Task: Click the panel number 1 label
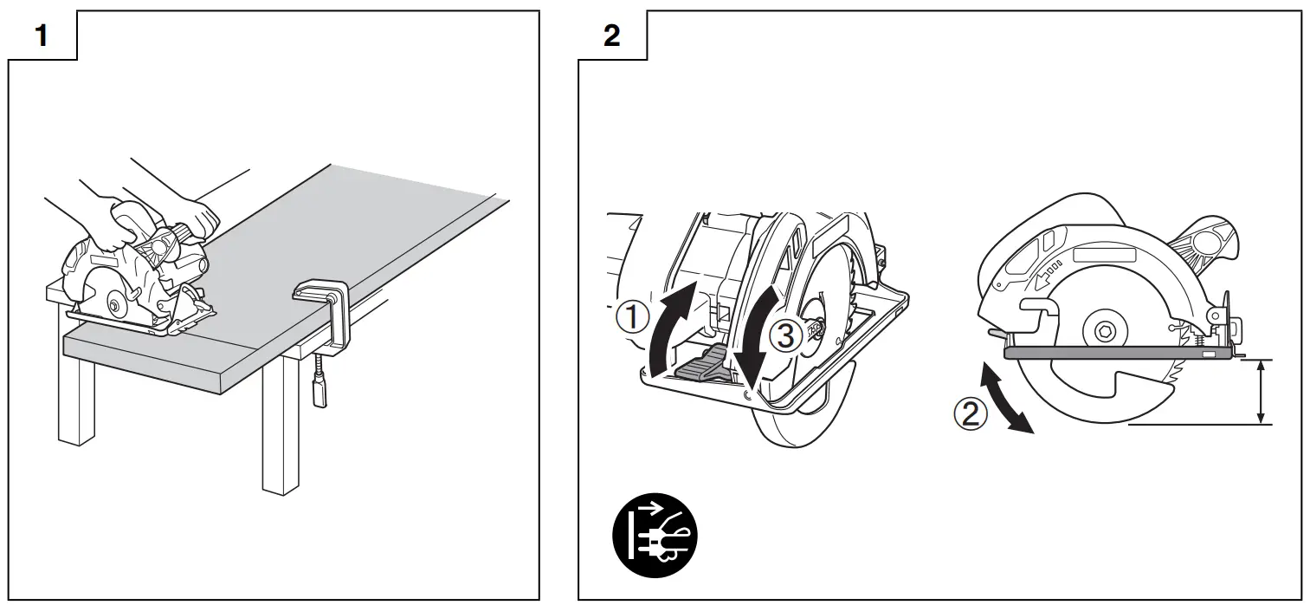[40, 36]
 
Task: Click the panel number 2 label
[611, 36]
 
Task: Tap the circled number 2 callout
[970, 413]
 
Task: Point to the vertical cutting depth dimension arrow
[1262, 392]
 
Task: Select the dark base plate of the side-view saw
[1117, 354]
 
